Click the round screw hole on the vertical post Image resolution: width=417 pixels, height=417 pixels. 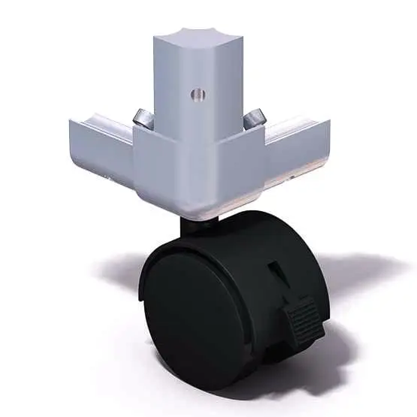pos(197,95)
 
